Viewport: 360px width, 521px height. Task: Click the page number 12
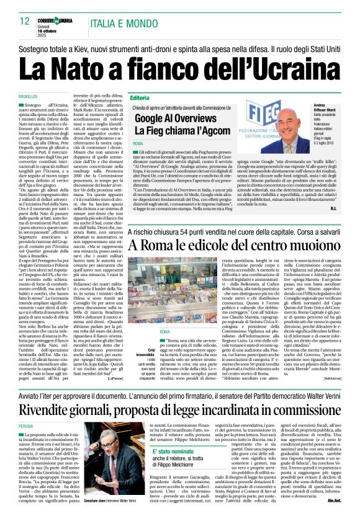pos(25,22)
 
